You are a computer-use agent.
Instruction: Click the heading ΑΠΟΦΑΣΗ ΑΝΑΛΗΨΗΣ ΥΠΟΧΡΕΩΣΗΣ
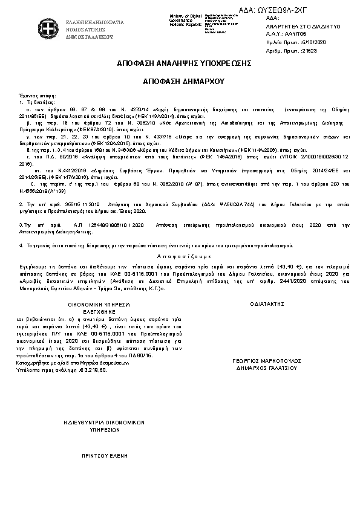pos(180,63)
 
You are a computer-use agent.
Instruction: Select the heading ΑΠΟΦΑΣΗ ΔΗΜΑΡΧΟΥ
pos(180,80)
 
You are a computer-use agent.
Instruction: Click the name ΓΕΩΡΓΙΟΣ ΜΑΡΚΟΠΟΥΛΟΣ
pos(265,360)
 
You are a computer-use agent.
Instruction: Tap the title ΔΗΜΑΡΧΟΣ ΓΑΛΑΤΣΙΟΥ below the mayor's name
pos(265,367)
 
